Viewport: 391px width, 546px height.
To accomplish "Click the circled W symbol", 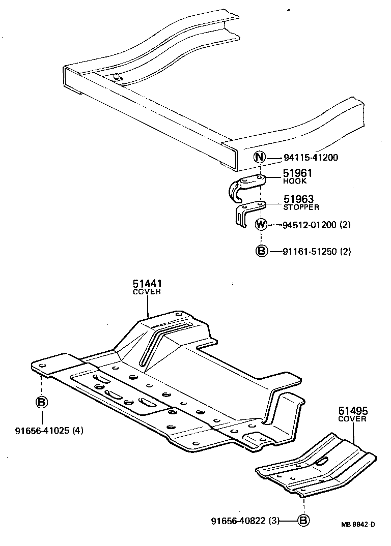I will pos(260,224).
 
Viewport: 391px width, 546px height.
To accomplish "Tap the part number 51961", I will pos(297,173).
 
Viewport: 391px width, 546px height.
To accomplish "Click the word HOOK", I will pos(295,181).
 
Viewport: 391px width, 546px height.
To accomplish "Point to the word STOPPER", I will pos(301,207).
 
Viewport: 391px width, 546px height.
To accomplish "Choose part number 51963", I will pos(298,199).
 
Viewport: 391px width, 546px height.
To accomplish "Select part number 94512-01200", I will pos(309,225).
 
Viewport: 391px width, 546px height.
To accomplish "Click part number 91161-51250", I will pos(309,251).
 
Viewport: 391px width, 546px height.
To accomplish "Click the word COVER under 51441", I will pos(147,292).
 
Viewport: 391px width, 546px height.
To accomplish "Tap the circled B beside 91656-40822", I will pos(303,520).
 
